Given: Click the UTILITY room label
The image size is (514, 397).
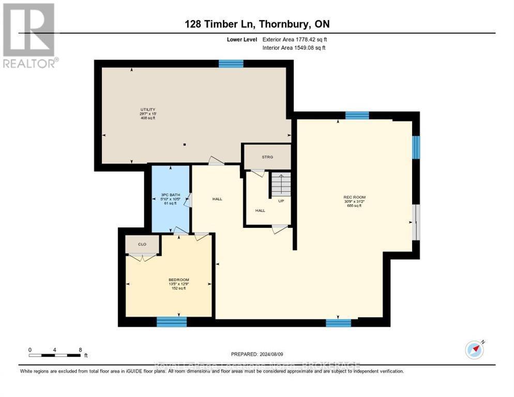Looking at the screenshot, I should (x=148, y=110).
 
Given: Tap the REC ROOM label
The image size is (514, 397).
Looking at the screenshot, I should (x=355, y=197).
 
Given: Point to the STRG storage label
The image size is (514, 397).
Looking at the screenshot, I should (x=267, y=157).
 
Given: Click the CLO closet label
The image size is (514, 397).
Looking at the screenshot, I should (x=142, y=245).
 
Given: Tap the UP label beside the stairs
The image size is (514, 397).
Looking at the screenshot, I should (x=281, y=201).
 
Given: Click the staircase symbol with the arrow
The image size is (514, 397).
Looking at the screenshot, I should (x=280, y=184).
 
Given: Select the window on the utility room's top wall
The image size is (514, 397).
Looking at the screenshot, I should (x=231, y=64).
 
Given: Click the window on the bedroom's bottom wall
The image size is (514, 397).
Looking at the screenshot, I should (x=171, y=322).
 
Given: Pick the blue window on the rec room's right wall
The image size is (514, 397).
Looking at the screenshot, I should (x=416, y=147).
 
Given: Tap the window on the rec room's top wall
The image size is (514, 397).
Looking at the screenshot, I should (x=357, y=115).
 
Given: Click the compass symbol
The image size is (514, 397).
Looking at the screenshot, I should (x=474, y=349).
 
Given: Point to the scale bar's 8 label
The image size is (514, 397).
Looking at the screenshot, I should (x=80, y=349).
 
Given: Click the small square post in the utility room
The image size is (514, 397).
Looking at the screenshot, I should (x=184, y=145).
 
